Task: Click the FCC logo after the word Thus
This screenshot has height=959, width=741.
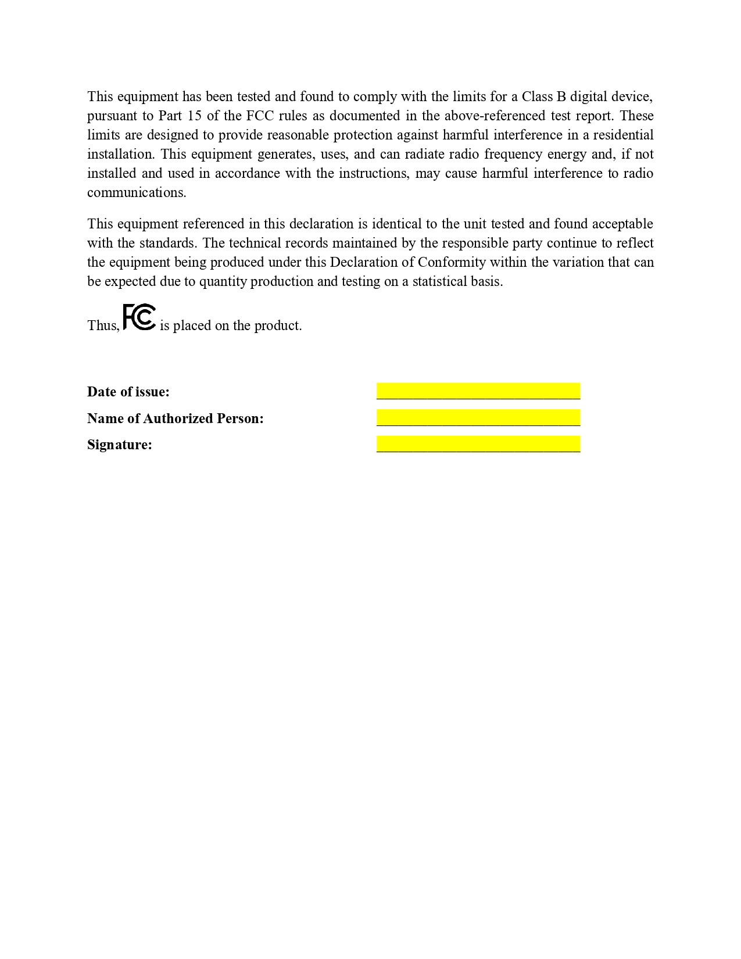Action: click(139, 317)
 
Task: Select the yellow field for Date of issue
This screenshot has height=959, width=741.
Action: click(478, 391)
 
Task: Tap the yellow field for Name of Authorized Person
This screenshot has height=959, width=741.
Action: click(478, 418)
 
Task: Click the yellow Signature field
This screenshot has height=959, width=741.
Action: click(478, 444)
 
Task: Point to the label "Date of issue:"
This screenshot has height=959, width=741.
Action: click(128, 392)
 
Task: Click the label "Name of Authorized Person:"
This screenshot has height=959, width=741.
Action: click(176, 418)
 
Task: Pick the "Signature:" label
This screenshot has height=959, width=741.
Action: click(120, 445)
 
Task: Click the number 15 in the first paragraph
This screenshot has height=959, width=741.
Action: click(194, 116)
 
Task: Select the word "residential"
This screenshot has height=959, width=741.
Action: click(623, 135)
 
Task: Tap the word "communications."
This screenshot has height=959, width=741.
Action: click(137, 192)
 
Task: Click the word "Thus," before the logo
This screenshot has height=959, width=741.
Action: click(103, 325)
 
